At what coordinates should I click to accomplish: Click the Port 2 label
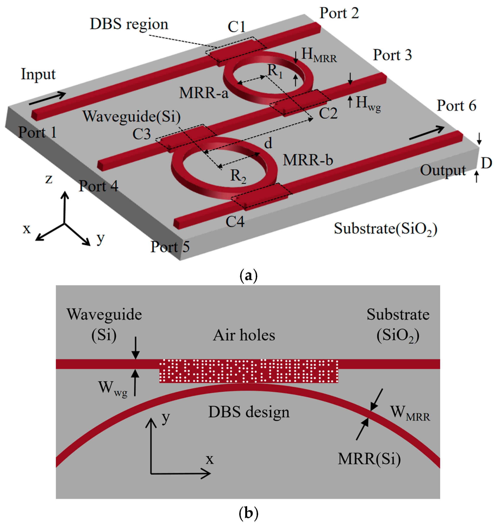pos(339,13)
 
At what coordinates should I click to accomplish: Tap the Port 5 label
pos(170,247)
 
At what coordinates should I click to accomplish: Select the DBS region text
pos(129,24)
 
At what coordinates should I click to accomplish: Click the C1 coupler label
pos(237,27)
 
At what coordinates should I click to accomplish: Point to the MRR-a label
pos(204,93)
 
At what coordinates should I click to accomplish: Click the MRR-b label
pos(308,160)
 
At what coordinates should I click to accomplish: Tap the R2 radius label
pos(238,176)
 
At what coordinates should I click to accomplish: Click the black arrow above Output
pos(426,133)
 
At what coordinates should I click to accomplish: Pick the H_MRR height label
pos(319,55)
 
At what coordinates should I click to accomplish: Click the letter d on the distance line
pos(268,143)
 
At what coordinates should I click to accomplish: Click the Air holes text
pos(244,335)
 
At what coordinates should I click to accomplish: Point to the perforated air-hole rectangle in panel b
pos(249,371)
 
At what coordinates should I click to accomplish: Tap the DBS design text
pos(249,412)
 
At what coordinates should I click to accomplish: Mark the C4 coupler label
pos(235,222)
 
